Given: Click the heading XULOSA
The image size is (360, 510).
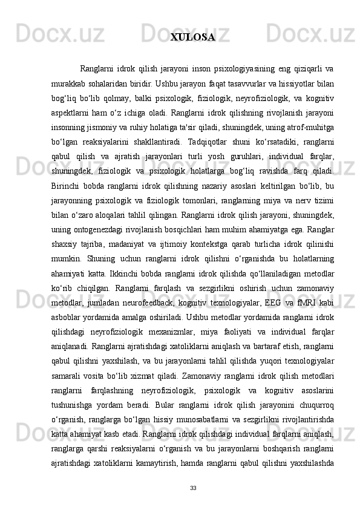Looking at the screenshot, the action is point(192,38).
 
